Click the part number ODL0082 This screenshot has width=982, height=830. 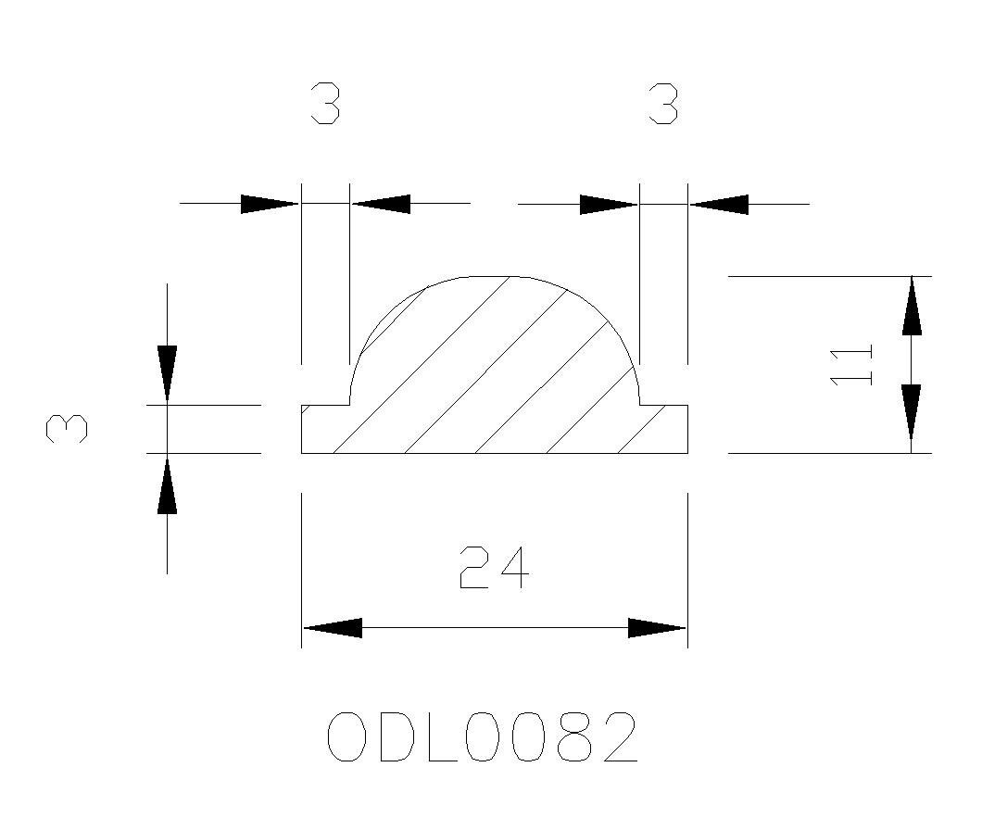coord(483,736)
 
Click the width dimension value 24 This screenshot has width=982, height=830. coord(494,568)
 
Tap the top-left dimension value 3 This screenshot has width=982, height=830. coord(326,104)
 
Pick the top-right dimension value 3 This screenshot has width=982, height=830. coord(663,104)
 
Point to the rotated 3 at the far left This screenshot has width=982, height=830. coord(67,429)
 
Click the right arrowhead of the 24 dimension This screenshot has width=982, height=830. coord(656,628)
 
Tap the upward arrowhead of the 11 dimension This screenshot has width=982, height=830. coord(912,306)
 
